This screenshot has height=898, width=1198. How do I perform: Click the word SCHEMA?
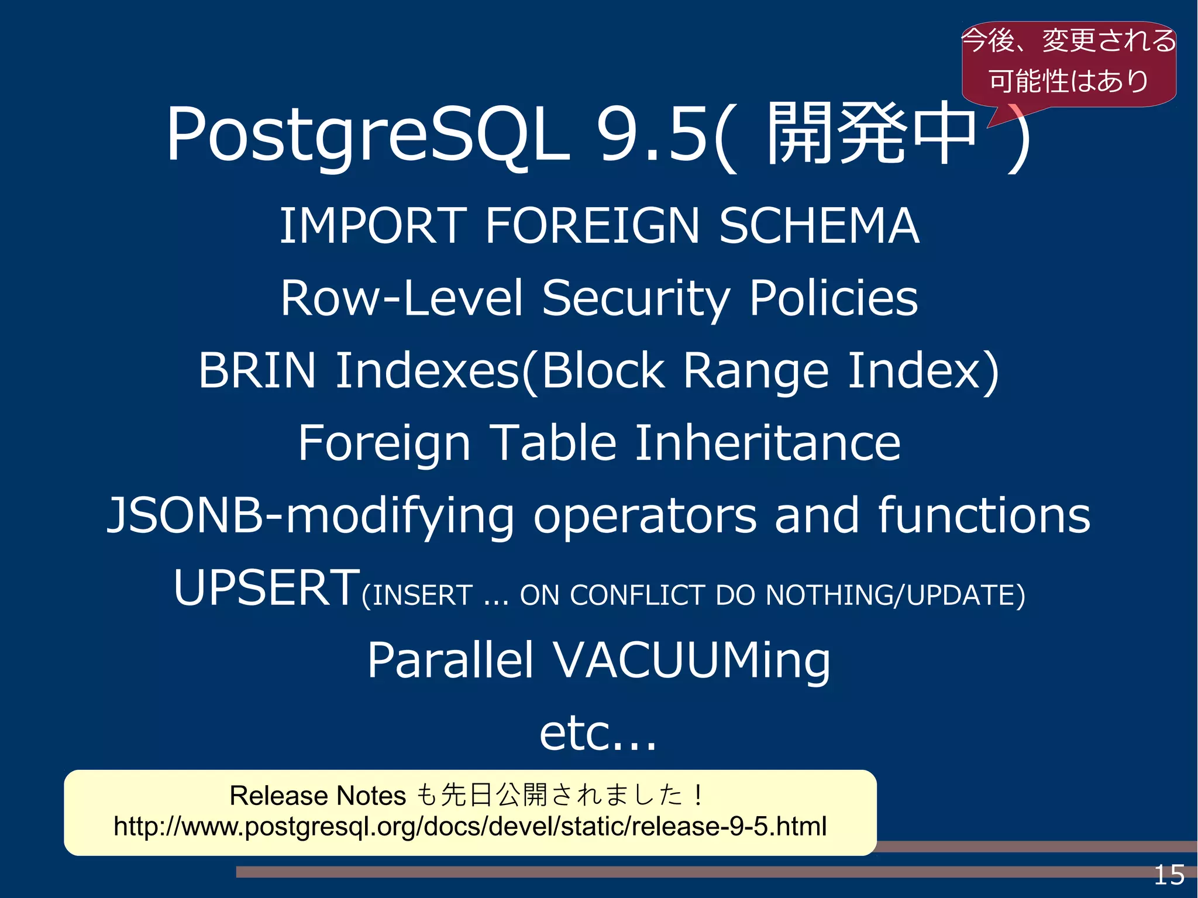(x=819, y=226)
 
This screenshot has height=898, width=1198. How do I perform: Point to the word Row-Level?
(x=401, y=298)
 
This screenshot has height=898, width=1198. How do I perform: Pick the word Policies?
(x=834, y=298)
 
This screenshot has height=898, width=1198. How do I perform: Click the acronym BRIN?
(x=257, y=370)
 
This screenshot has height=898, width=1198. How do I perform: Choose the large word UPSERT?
(x=267, y=587)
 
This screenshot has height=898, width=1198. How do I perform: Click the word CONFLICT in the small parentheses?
(x=638, y=596)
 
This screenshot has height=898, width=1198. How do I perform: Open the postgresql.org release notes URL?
(x=470, y=827)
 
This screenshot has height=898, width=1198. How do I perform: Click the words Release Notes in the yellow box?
(x=318, y=796)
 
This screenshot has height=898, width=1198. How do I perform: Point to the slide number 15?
(x=1169, y=875)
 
